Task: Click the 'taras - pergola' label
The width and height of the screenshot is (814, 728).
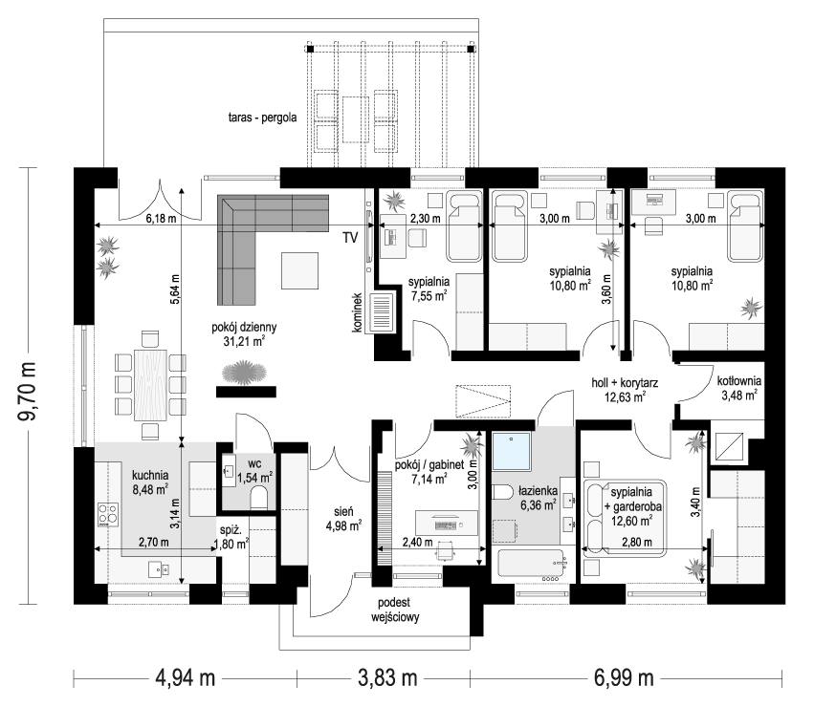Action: pyautogui.click(x=262, y=119)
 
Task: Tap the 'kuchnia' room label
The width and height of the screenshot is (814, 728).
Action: pyautogui.click(x=150, y=473)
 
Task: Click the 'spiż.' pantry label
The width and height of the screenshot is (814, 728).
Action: pyautogui.click(x=230, y=527)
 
